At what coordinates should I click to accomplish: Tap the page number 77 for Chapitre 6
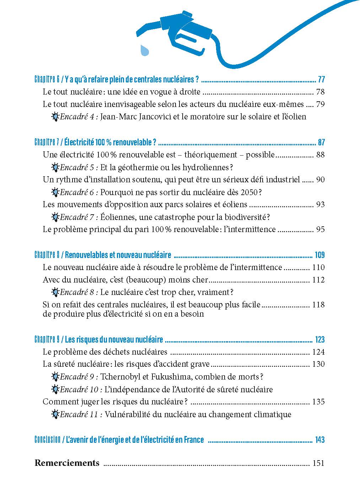click(321, 79)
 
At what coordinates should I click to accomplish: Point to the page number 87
click(321, 143)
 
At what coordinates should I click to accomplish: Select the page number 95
click(320, 230)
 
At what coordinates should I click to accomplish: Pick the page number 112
click(318, 280)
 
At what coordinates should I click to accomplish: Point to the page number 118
click(318, 305)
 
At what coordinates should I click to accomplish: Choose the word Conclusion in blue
click(47, 440)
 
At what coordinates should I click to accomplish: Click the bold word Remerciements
click(67, 463)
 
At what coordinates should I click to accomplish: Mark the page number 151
click(318, 463)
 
